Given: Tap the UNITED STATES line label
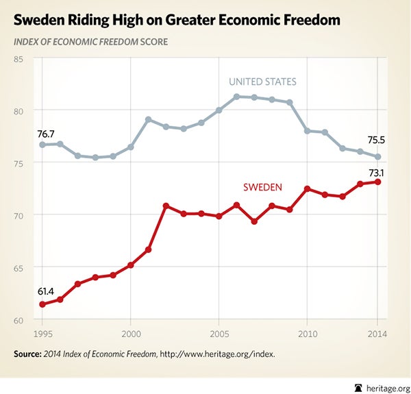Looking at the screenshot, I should [x=262, y=82].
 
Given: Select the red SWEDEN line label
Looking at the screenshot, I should [x=264, y=187].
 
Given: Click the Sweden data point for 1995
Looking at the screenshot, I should [x=42, y=304].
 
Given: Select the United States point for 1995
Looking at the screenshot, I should [x=42, y=145].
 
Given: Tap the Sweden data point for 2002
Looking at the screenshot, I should [x=166, y=206].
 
